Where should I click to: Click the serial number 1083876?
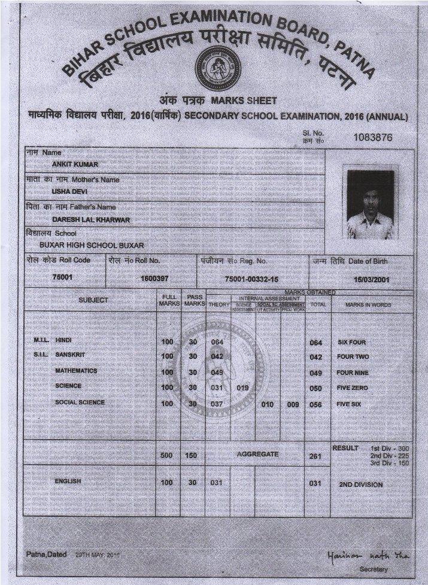(373, 137)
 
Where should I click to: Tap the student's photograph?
(370, 205)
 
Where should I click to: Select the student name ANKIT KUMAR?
(75, 164)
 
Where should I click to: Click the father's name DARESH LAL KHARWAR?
(91, 220)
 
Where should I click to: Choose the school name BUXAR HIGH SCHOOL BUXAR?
(92, 245)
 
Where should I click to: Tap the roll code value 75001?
(62, 278)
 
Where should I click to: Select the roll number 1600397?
(154, 279)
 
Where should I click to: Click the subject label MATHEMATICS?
(76, 371)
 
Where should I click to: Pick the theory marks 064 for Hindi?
(217, 342)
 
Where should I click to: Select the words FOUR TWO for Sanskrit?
(353, 357)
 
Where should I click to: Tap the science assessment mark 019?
(242, 388)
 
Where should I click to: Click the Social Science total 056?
(316, 404)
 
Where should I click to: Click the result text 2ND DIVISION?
(360, 485)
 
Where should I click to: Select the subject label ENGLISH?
(68, 481)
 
